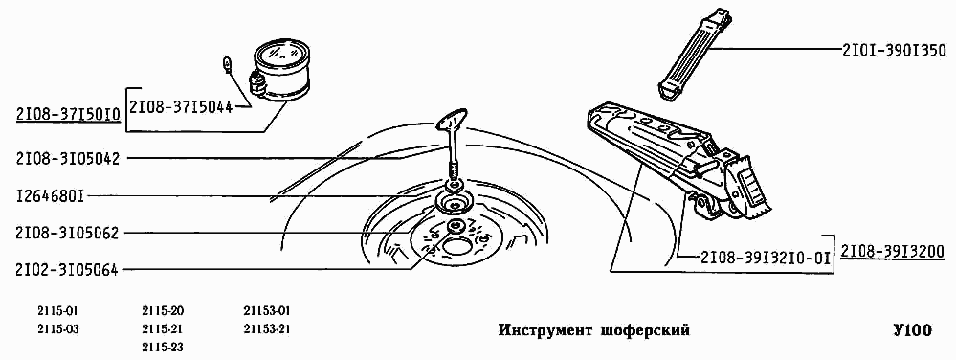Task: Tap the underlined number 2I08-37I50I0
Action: click(67, 116)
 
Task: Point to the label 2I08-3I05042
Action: click(67, 158)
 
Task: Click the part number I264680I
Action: click(51, 196)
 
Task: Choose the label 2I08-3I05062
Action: click(67, 233)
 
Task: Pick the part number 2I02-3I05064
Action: click(67, 269)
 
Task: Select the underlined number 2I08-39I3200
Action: click(893, 251)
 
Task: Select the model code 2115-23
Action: click(163, 346)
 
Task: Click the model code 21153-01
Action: click(268, 311)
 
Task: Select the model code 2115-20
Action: click(163, 311)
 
